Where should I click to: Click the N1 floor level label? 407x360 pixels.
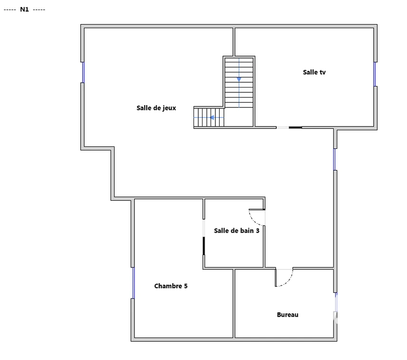[24, 10]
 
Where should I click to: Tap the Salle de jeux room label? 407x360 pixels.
[156, 108]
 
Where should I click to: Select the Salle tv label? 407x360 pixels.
[314, 72]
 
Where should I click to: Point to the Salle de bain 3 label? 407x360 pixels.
[236, 231]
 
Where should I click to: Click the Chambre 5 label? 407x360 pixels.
[171, 286]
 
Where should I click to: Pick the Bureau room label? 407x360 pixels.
[288, 315]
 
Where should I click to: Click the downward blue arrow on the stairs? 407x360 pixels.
[239, 79]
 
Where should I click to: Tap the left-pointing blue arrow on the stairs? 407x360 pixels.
[212, 117]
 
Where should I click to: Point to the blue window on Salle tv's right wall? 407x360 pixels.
[375, 74]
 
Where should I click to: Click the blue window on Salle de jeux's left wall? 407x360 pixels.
[83, 72]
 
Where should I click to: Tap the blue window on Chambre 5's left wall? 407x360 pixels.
[134, 283]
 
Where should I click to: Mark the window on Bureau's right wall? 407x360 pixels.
[336, 302]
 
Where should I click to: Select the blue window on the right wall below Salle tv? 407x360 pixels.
[335, 159]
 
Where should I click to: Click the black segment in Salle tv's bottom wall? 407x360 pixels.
[295, 127]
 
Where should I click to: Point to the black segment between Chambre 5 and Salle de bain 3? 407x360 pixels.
[204, 246]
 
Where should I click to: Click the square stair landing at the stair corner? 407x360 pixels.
[239, 117]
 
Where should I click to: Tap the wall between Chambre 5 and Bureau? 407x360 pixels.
[234, 304]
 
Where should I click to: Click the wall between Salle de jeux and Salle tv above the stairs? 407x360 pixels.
[234, 42]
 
